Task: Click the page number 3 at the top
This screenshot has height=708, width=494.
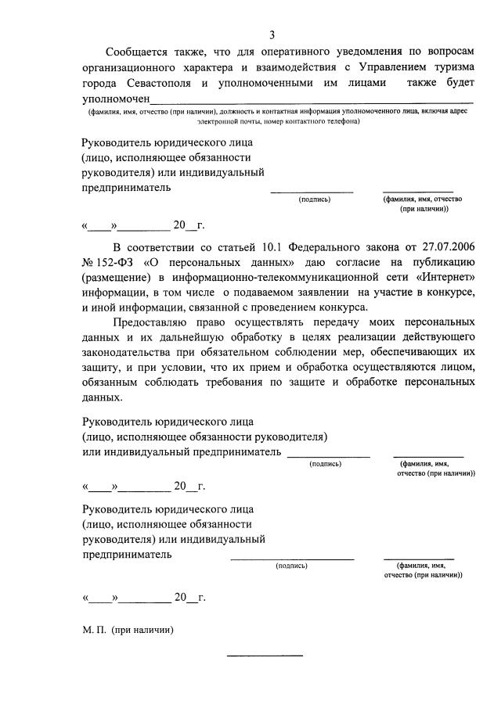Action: click(272, 34)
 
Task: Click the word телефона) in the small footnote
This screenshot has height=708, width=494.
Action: click(340, 122)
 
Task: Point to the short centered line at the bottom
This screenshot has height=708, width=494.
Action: click(264, 656)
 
